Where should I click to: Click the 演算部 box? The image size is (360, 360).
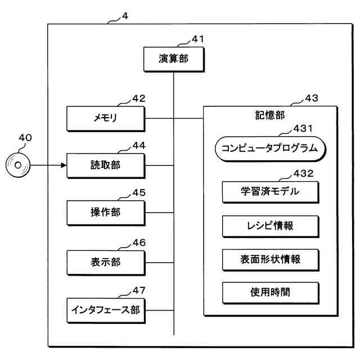click(x=174, y=59)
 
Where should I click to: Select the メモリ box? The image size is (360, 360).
click(x=106, y=119)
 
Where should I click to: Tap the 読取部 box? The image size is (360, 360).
click(x=106, y=165)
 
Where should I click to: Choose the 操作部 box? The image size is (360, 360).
click(x=106, y=213)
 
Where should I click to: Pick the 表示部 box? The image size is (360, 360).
click(x=106, y=263)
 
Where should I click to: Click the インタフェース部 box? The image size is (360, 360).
click(x=106, y=310)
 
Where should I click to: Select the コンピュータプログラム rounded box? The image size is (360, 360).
click(x=271, y=148)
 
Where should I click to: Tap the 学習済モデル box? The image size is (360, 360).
click(x=271, y=192)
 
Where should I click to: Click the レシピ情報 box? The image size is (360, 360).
click(x=271, y=226)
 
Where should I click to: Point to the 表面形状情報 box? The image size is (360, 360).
click(x=271, y=260)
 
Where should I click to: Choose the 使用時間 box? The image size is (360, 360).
click(x=271, y=293)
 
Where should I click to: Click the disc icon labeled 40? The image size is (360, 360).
click(x=18, y=165)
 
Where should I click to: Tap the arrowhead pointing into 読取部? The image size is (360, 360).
click(x=64, y=165)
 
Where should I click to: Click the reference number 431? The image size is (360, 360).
click(x=303, y=128)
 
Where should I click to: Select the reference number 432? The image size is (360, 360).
click(x=304, y=173)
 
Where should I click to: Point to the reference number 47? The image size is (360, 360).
click(x=139, y=290)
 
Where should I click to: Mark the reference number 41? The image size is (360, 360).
click(x=197, y=39)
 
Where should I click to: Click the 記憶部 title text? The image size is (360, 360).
click(x=270, y=115)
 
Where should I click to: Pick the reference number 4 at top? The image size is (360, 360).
click(x=125, y=16)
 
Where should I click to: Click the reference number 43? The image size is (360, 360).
click(x=312, y=98)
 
